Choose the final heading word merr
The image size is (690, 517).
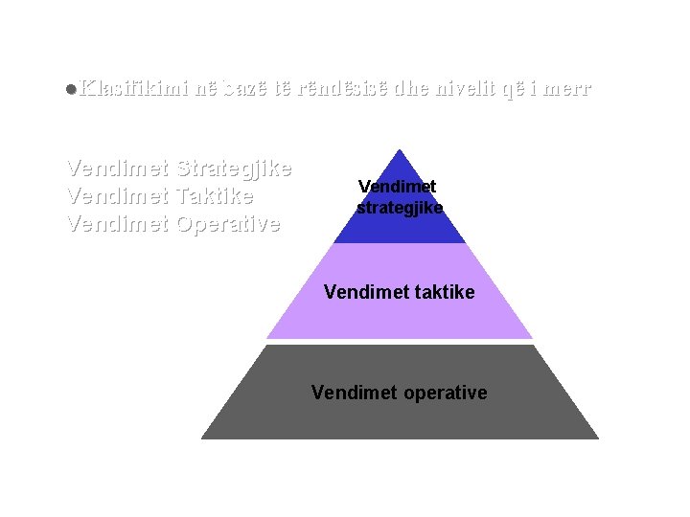point(569,89)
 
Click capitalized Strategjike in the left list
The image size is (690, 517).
point(235,169)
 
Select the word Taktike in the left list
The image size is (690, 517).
point(216,197)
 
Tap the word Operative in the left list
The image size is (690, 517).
point(228,225)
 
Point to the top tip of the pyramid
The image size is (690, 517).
point(400,150)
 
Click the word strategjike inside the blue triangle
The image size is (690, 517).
point(400,207)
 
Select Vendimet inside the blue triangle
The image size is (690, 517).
point(399,186)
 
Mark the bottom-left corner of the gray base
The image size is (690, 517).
point(203,438)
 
